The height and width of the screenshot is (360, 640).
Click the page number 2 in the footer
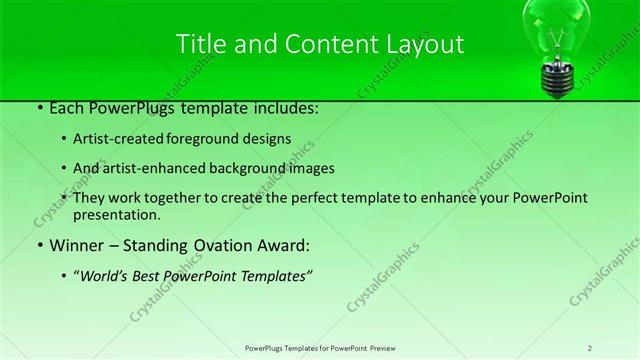point(590,347)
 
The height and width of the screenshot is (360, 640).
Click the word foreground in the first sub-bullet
point(219,139)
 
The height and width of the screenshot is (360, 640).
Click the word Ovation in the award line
point(196,245)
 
